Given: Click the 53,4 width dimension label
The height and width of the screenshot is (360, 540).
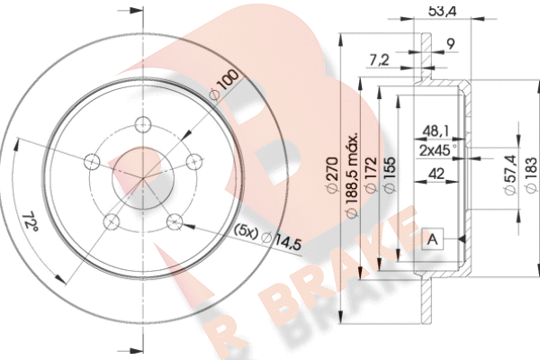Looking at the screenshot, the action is click(443, 12).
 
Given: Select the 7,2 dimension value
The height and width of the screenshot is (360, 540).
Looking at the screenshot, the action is click(379, 60).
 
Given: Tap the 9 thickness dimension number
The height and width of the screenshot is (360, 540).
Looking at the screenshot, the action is click(450, 44).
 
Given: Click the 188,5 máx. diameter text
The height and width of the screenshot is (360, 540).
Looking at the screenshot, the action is click(352, 175).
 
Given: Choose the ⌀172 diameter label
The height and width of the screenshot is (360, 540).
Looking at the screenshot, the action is click(371, 175).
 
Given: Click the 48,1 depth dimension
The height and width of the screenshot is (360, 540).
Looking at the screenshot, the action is click(436, 130).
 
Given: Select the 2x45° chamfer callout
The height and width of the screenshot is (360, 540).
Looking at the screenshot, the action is click(437, 150).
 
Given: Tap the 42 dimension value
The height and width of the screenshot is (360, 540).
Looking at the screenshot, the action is click(436, 174).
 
